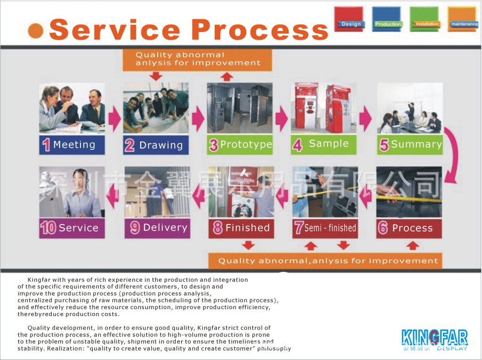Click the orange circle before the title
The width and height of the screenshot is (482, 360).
pyautogui.click(x=36, y=31)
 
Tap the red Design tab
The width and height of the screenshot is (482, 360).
pyautogui.click(x=349, y=19)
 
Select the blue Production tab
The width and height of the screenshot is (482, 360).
pyautogui.click(x=386, y=19)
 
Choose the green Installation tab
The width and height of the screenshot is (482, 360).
pyautogui.click(x=424, y=19)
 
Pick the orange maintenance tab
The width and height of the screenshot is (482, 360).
pyautogui.click(x=462, y=19)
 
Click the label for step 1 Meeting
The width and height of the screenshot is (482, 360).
pyautogui.click(x=72, y=145)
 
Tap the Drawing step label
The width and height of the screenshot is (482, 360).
pyautogui.click(x=156, y=145)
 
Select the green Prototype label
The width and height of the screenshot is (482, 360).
pyautogui.click(x=240, y=144)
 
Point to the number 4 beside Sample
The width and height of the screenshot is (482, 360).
pyautogui.click(x=297, y=145)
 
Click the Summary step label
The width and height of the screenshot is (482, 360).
pyautogui.click(x=410, y=144)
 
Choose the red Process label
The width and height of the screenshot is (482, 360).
pyautogui.click(x=409, y=228)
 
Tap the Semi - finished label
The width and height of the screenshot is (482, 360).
pyautogui.click(x=325, y=228)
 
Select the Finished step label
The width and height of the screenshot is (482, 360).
pyautogui.click(x=241, y=228)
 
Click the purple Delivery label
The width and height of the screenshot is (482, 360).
pyautogui.click(x=157, y=228)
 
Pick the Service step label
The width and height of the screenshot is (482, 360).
pyautogui.click(x=72, y=228)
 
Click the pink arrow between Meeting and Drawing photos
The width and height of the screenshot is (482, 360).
pyautogui.click(x=114, y=119)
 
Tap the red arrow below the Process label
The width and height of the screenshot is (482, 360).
pyautogui.click(x=412, y=245)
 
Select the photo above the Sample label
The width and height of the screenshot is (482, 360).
pyautogui.click(x=323, y=108)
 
